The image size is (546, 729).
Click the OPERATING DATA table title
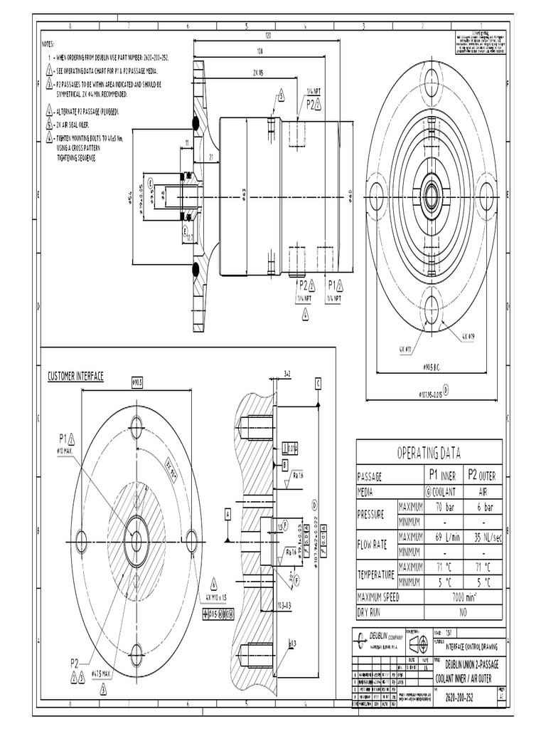[x=429, y=453]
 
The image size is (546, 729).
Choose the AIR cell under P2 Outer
[x=483, y=491]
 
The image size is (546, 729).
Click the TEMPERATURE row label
[x=377, y=573]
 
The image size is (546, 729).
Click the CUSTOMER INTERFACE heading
[x=75, y=377]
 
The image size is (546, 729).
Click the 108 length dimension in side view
[x=260, y=51]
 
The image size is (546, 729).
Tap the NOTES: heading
[x=53, y=43]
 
